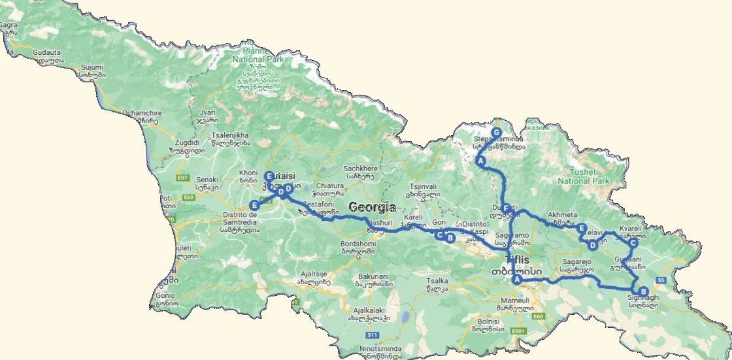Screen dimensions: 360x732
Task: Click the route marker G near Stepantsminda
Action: pos(497,132)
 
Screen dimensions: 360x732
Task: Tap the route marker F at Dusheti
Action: pos(505,208)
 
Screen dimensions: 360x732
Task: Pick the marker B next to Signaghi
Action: pos(643,291)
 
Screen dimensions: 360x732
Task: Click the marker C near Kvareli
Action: pos(633,243)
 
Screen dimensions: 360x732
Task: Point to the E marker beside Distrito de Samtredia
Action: pos(254,206)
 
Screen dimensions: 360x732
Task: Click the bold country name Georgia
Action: pos(372,207)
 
